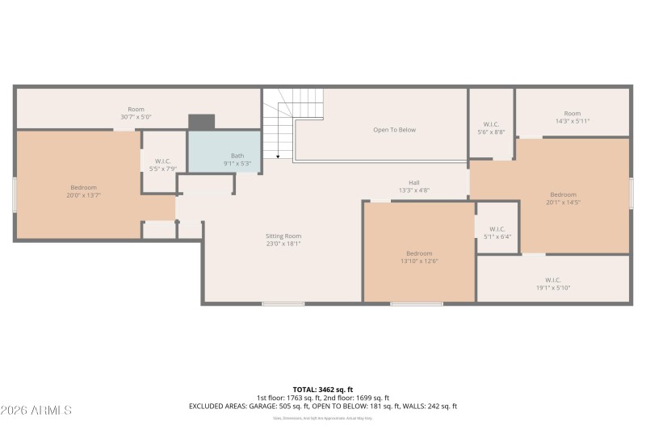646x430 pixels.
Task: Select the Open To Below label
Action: coord(394,129)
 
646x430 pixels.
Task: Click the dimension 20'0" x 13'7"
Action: coord(83,195)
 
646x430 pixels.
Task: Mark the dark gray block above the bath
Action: coord(201,122)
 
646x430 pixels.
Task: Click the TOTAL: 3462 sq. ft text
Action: coord(323,389)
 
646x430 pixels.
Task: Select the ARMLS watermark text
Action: coord(37,411)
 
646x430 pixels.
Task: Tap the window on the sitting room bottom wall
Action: coord(283,303)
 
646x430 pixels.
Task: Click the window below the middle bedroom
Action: coord(417,303)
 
